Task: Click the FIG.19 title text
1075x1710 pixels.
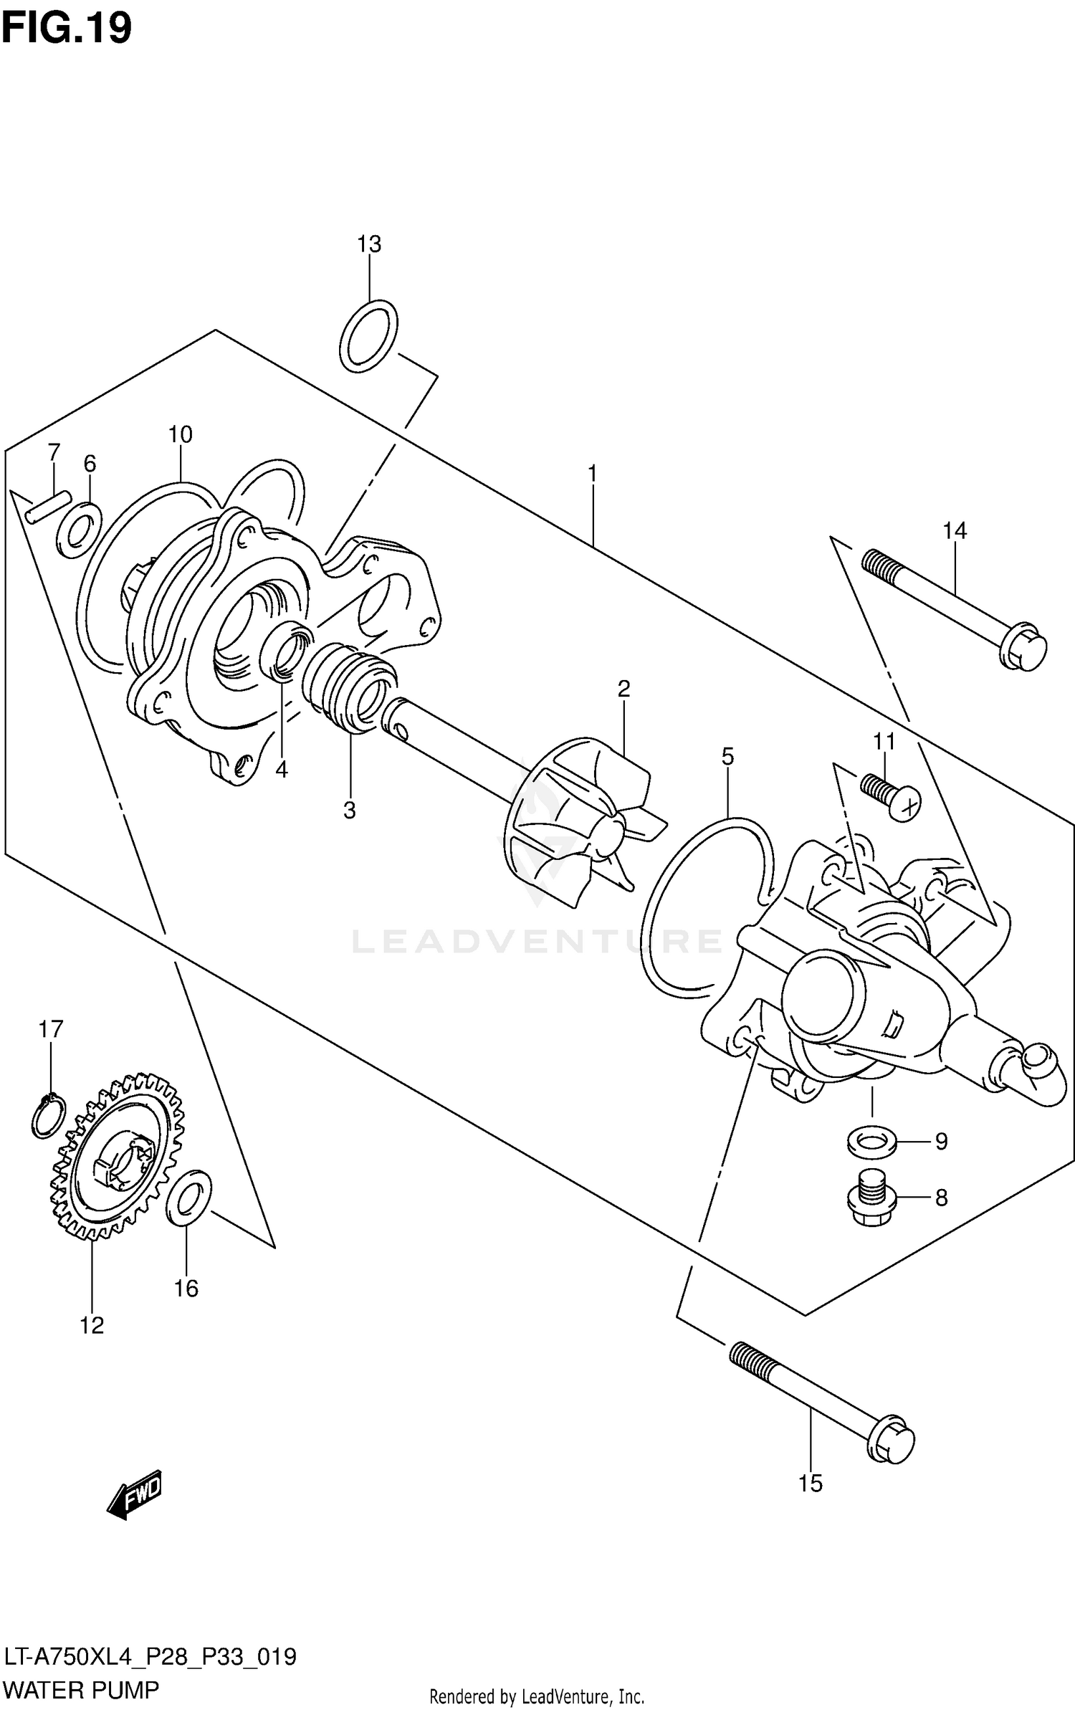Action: point(67,28)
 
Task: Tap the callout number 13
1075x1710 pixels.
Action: point(369,244)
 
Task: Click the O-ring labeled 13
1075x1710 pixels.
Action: point(368,336)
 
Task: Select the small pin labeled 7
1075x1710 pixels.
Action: point(48,506)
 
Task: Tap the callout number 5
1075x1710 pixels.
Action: point(727,756)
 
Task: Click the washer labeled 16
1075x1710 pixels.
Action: point(188,1198)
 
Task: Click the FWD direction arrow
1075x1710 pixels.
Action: point(135,1494)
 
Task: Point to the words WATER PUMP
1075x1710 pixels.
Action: point(80,1689)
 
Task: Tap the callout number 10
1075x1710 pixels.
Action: point(181,434)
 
